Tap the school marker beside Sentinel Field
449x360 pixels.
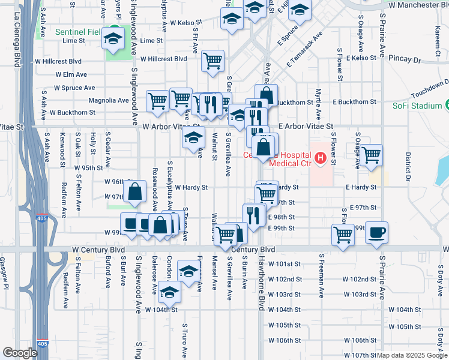112,39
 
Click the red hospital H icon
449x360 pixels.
321,158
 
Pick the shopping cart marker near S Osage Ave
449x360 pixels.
372,155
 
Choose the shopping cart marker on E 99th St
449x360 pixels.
343,235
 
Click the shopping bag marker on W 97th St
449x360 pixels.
135,191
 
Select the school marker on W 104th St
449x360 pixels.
169,293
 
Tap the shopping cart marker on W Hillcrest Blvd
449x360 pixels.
212,61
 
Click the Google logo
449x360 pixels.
20,353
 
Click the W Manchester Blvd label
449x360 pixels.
415,5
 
